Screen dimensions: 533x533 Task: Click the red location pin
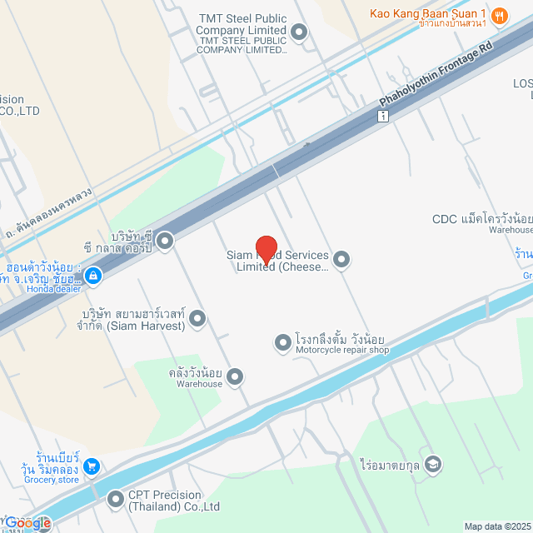[266, 249]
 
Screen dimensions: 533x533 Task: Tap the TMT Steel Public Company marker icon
[299, 32]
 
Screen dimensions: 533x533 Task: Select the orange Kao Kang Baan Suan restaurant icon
[500, 14]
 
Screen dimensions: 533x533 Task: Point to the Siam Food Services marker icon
[341, 260]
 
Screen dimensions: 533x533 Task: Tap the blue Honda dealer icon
[92, 274]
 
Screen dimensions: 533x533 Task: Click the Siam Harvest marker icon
[197, 317]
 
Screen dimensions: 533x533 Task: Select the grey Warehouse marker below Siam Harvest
[236, 377]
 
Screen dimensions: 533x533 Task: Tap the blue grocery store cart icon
[92, 466]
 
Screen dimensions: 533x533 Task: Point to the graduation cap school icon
[432, 464]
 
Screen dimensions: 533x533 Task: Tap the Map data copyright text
[497, 526]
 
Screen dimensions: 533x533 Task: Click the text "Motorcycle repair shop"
[342, 351]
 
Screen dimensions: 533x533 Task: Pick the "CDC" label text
[445, 220]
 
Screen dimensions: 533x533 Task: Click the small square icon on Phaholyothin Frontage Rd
[382, 117]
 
